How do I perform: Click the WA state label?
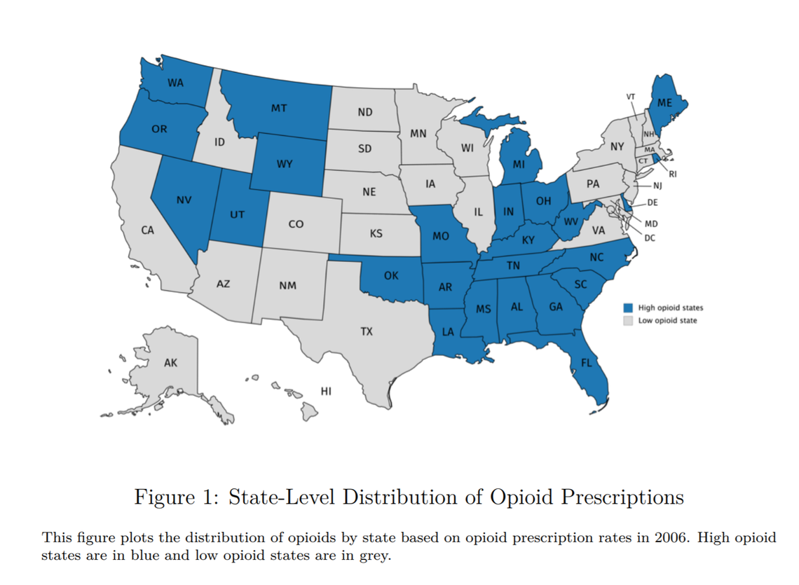(175, 83)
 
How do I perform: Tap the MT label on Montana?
(279, 109)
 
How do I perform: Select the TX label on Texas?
(367, 331)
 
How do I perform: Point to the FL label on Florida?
(586, 363)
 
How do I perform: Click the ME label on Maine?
(665, 102)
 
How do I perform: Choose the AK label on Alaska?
(170, 363)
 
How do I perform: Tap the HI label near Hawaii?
(325, 391)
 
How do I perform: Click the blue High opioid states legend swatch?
(628, 308)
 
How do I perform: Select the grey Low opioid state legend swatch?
(628, 321)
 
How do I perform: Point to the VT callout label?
(631, 96)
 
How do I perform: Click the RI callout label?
(673, 174)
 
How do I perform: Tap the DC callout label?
(650, 238)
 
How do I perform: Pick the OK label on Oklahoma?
(391, 276)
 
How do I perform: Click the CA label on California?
(147, 230)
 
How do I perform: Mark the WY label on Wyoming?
(285, 164)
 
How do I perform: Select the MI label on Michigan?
(519, 165)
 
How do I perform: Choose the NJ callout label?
(657, 186)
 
